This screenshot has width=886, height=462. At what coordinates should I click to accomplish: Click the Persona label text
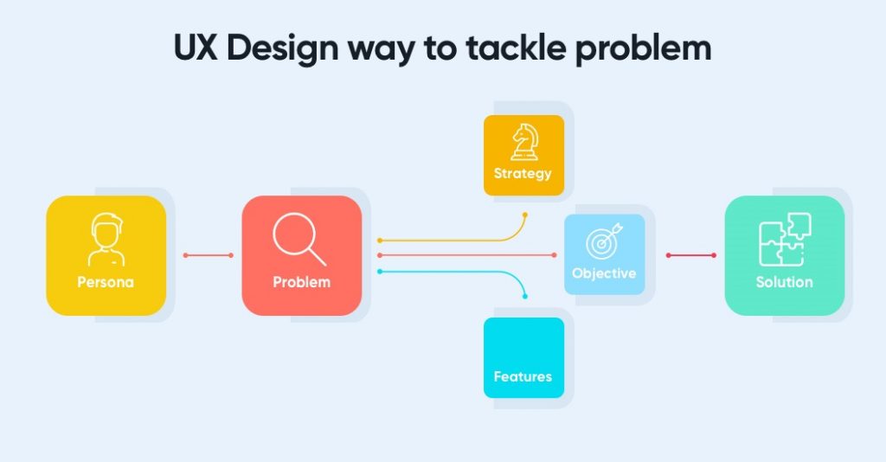(106, 282)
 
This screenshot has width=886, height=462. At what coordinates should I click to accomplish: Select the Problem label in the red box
(301, 282)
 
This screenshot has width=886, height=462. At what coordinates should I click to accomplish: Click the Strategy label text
(523, 173)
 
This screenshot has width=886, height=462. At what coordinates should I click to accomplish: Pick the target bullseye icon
(604, 242)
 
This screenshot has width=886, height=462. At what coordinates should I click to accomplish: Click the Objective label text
(604, 273)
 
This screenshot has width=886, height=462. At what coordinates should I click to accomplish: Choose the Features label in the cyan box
(523, 376)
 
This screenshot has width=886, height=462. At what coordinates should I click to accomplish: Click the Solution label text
(784, 282)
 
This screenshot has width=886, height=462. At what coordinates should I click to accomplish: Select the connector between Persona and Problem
(209, 255)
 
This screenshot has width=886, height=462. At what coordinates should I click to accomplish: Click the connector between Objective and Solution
(690, 255)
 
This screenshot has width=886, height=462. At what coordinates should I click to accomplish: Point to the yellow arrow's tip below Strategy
(524, 213)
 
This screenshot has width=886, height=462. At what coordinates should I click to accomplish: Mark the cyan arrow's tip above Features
(524, 298)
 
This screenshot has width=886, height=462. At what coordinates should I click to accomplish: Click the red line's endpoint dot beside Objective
(554, 255)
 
